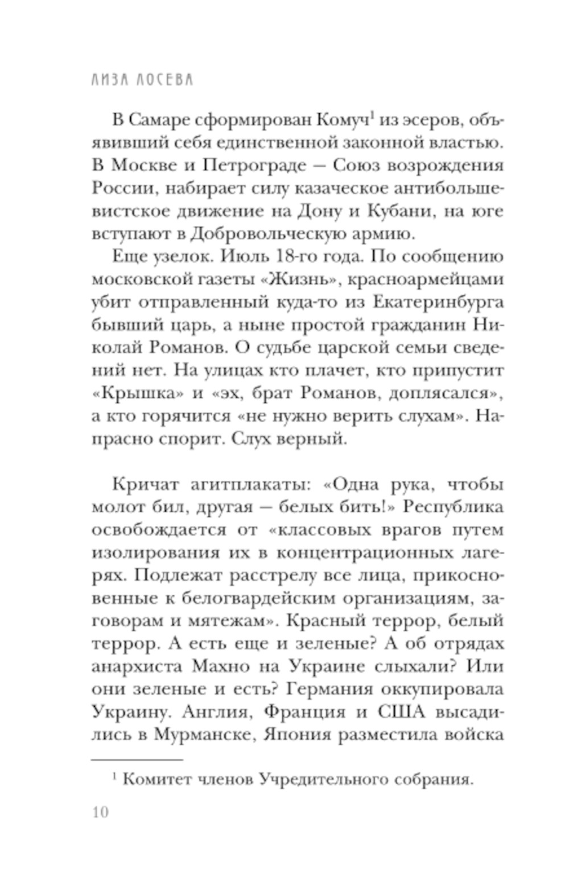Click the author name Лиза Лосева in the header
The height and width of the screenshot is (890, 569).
click(142, 79)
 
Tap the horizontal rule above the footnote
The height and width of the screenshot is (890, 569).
click(137, 759)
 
